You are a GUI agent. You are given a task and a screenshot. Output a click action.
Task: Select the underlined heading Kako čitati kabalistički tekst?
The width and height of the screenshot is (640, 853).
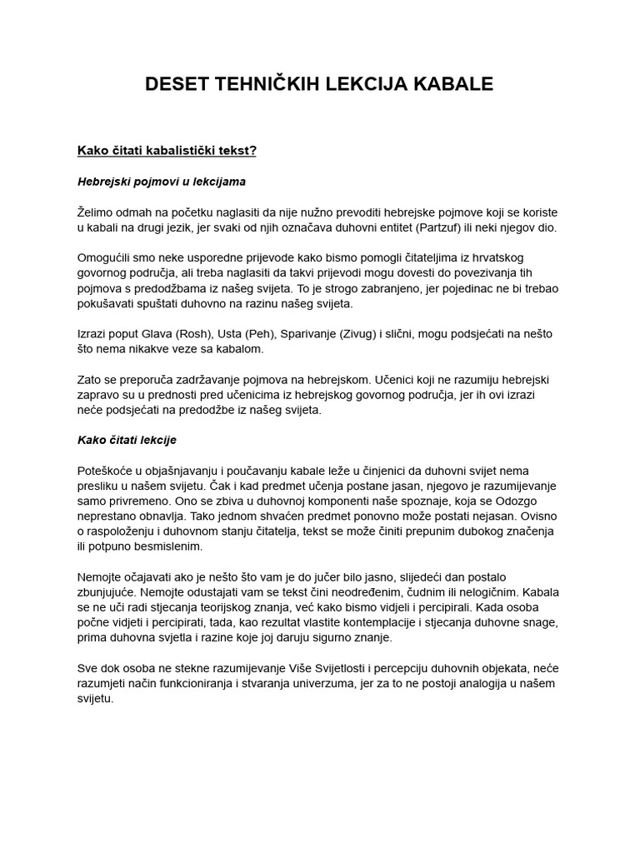(x=167, y=151)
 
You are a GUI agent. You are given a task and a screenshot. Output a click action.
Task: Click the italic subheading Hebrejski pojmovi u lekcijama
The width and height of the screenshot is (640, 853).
(x=161, y=182)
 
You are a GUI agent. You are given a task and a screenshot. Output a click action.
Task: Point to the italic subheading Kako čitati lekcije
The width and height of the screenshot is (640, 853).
(x=127, y=440)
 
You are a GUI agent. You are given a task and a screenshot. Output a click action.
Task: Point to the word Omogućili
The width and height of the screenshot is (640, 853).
(x=106, y=258)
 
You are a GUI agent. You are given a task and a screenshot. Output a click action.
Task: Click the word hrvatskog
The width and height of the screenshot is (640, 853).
(x=495, y=258)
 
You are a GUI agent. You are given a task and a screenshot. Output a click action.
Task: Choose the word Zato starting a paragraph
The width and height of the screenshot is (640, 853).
(x=91, y=380)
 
